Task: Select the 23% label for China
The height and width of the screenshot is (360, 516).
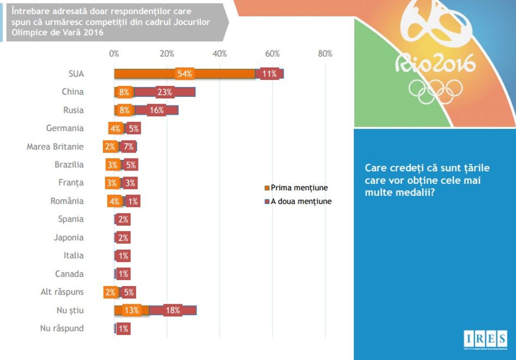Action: coord(165,92)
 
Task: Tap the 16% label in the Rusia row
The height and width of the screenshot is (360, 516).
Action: coord(157,110)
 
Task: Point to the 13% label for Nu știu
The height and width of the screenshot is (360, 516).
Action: coord(132,311)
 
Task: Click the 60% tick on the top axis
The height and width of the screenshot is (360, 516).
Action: coord(272,54)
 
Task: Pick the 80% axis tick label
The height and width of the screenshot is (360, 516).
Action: coord(325,54)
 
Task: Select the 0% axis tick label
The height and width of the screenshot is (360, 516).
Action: coord(114,54)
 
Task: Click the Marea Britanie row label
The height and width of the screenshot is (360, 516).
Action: coord(55,146)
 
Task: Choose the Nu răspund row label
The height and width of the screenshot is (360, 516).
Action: coord(62,329)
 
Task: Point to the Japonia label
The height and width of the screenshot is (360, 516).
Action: coord(69,238)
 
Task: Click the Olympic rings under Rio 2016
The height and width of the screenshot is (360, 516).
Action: coord(435,91)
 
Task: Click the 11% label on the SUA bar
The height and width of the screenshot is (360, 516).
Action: coord(270,73)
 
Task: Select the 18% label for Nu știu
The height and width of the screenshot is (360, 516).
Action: coord(172,311)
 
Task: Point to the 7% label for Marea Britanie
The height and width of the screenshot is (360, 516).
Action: coord(128,146)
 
